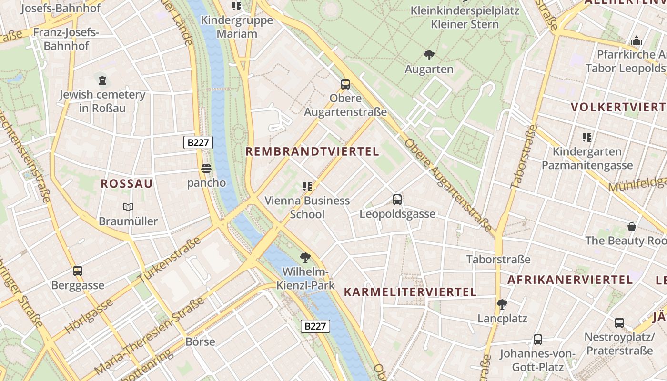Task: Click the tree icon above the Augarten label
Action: [429, 55]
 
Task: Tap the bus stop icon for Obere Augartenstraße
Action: [345, 84]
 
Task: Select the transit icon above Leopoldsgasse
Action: [397, 200]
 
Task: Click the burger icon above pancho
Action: [206, 169]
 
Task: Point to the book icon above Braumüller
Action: [128, 207]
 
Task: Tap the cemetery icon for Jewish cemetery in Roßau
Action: [102, 80]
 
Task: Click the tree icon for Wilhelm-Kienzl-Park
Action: [305, 258]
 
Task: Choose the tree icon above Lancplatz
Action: [502, 304]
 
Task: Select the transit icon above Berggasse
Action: [78, 271]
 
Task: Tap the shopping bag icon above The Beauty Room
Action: [632, 226]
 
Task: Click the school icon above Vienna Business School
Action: [307, 186]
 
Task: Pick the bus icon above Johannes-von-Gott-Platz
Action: [537, 340]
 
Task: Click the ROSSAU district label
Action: [127, 184]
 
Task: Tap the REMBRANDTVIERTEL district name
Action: [312, 152]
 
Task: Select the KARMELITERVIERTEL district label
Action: [410, 292]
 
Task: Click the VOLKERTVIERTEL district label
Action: [618, 107]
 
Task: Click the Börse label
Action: [200, 341]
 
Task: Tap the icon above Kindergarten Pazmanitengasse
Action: [587, 138]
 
